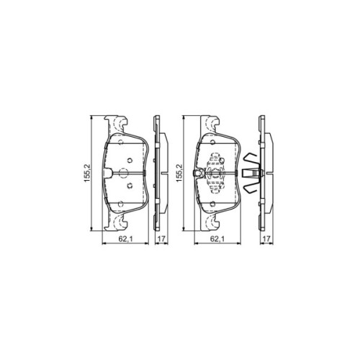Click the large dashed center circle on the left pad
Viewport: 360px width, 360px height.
pyautogui.click(x=122, y=172)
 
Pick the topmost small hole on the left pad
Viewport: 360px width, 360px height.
pyautogui.click(x=127, y=160)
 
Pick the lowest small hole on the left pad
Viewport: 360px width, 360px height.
pyautogui.click(x=127, y=185)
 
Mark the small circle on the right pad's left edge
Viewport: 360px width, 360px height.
pyautogui.click(x=197, y=172)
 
